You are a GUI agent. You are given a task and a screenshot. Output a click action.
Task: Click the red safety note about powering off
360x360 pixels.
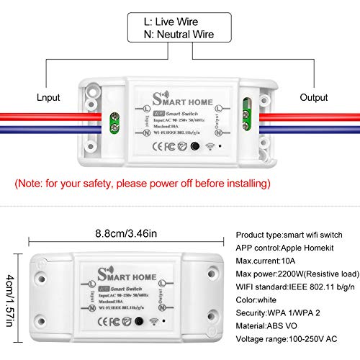pos(142,184)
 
